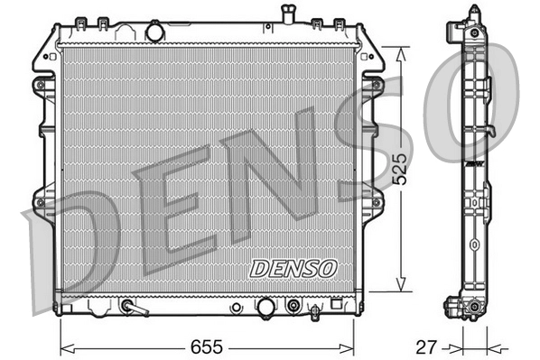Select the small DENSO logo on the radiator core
(x=293, y=268)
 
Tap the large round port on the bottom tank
(x=265, y=308)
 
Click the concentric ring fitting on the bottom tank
(x=293, y=307)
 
